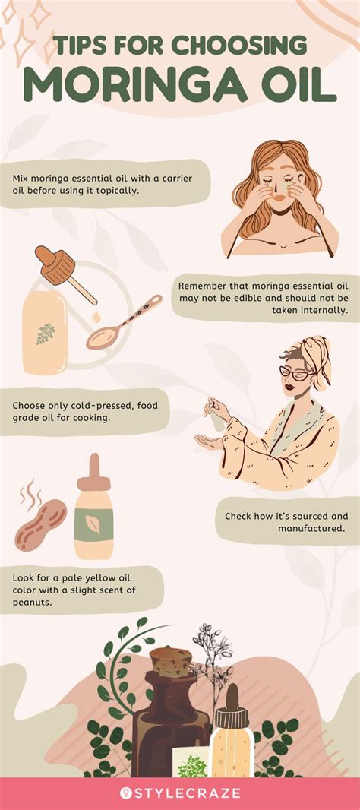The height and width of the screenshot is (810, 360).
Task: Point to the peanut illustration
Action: pyautogui.click(x=40, y=524)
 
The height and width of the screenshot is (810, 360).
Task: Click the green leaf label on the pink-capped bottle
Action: pyautogui.click(x=95, y=523)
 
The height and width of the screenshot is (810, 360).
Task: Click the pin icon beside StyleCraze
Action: pyautogui.click(x=125, y=793)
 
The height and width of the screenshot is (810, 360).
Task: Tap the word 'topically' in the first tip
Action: pyautogui.click(x=115, y=191)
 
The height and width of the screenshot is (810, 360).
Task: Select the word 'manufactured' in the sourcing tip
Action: pyautogui.click(x=310, y=529)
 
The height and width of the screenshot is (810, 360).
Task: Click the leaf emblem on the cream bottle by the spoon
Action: pyautogui.click(x=46, y=333)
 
